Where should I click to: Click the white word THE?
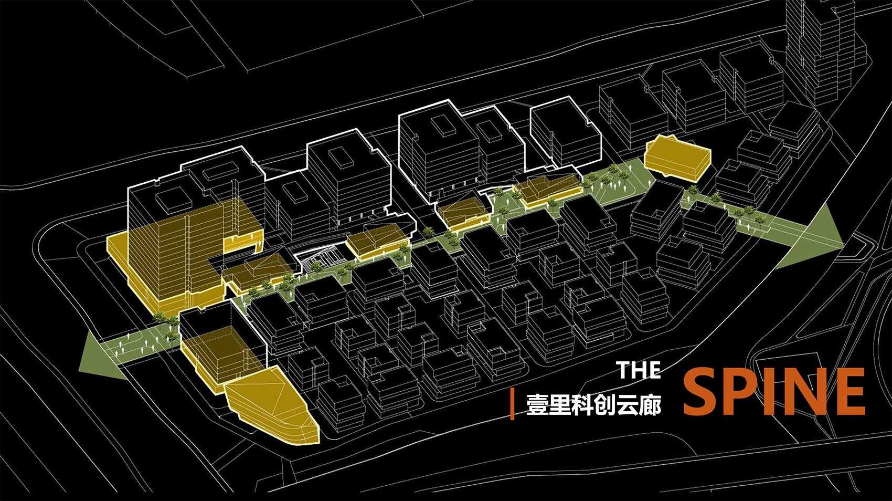point(638,370)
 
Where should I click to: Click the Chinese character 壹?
point(537,405)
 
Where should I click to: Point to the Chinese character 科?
point(582,405)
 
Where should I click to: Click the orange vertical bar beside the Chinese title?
point(513,404)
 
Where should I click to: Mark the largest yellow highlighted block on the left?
point(173,257)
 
